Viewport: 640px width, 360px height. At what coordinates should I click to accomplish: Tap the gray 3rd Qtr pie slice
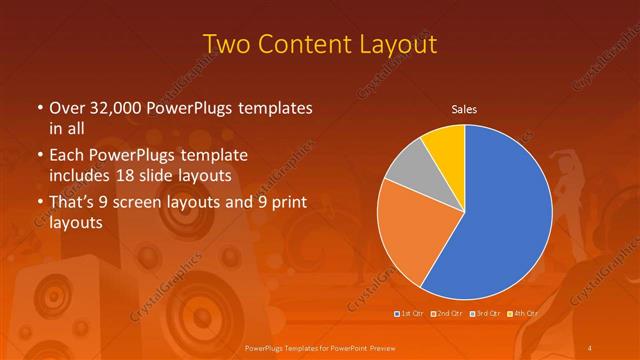[x=407, y=167]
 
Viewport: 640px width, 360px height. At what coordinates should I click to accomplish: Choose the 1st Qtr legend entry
[x=410, y=314]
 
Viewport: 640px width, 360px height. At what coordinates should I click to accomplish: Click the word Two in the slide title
[x=226, y=45]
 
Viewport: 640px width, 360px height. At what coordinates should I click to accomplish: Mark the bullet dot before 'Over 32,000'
[x=39, y=108]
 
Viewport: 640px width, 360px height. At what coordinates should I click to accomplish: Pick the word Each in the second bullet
[x=67, y=156]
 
